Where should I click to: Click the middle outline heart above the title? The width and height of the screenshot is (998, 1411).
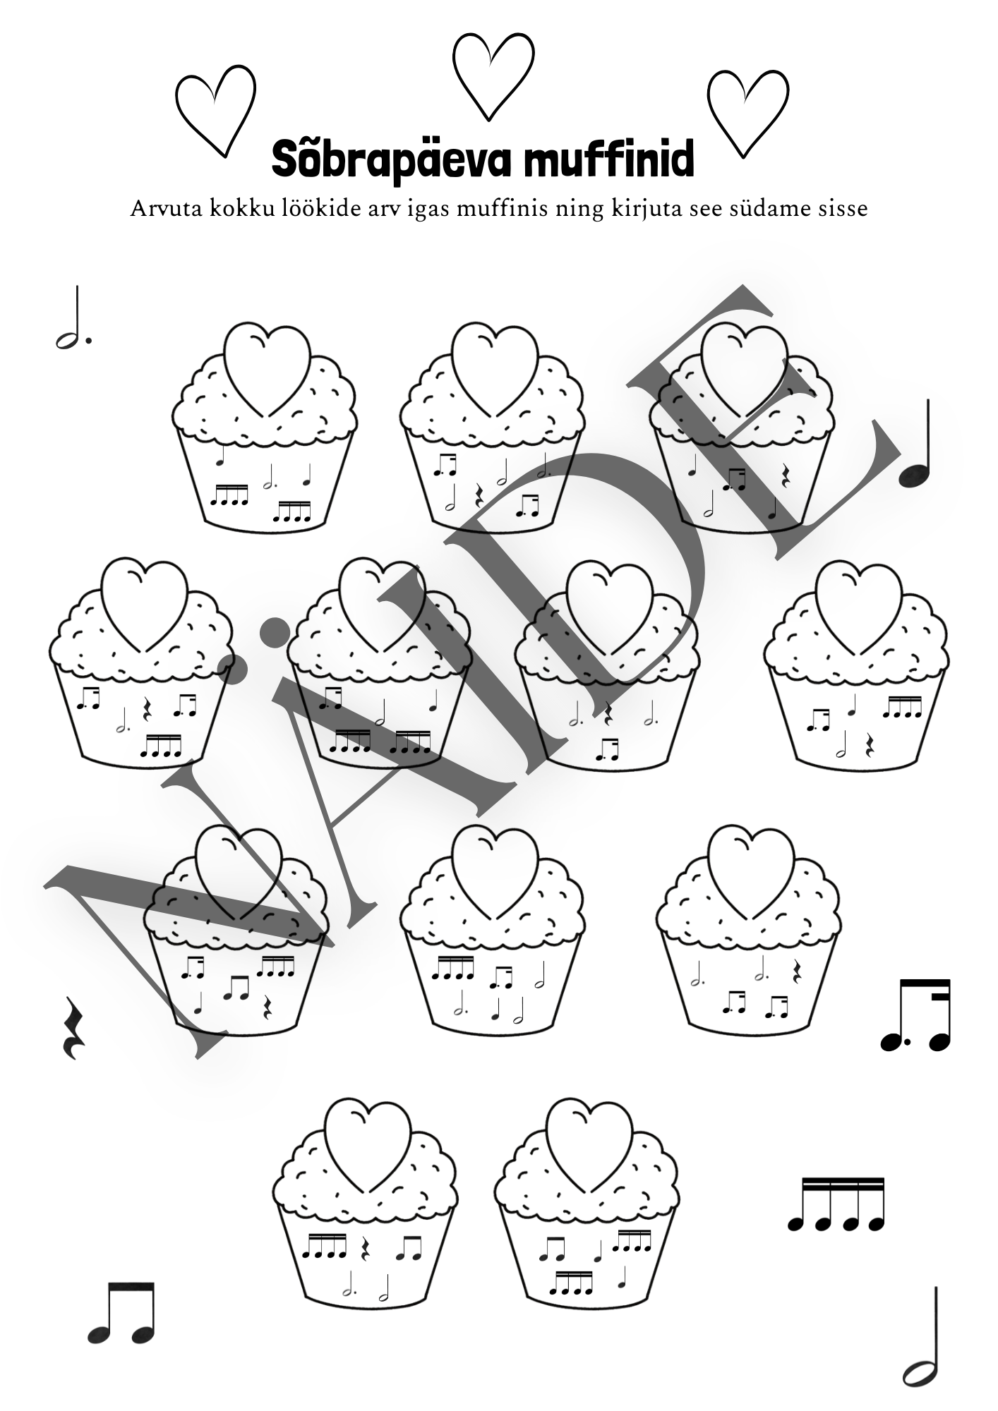(493, 75)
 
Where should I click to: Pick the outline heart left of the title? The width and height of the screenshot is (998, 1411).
(215, 114)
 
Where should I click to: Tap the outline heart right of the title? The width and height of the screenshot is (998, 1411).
(747, 114)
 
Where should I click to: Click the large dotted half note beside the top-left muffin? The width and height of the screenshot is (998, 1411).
(73, 319)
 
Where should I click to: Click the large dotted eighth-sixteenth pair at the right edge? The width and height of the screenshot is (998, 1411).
(915, 1015)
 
